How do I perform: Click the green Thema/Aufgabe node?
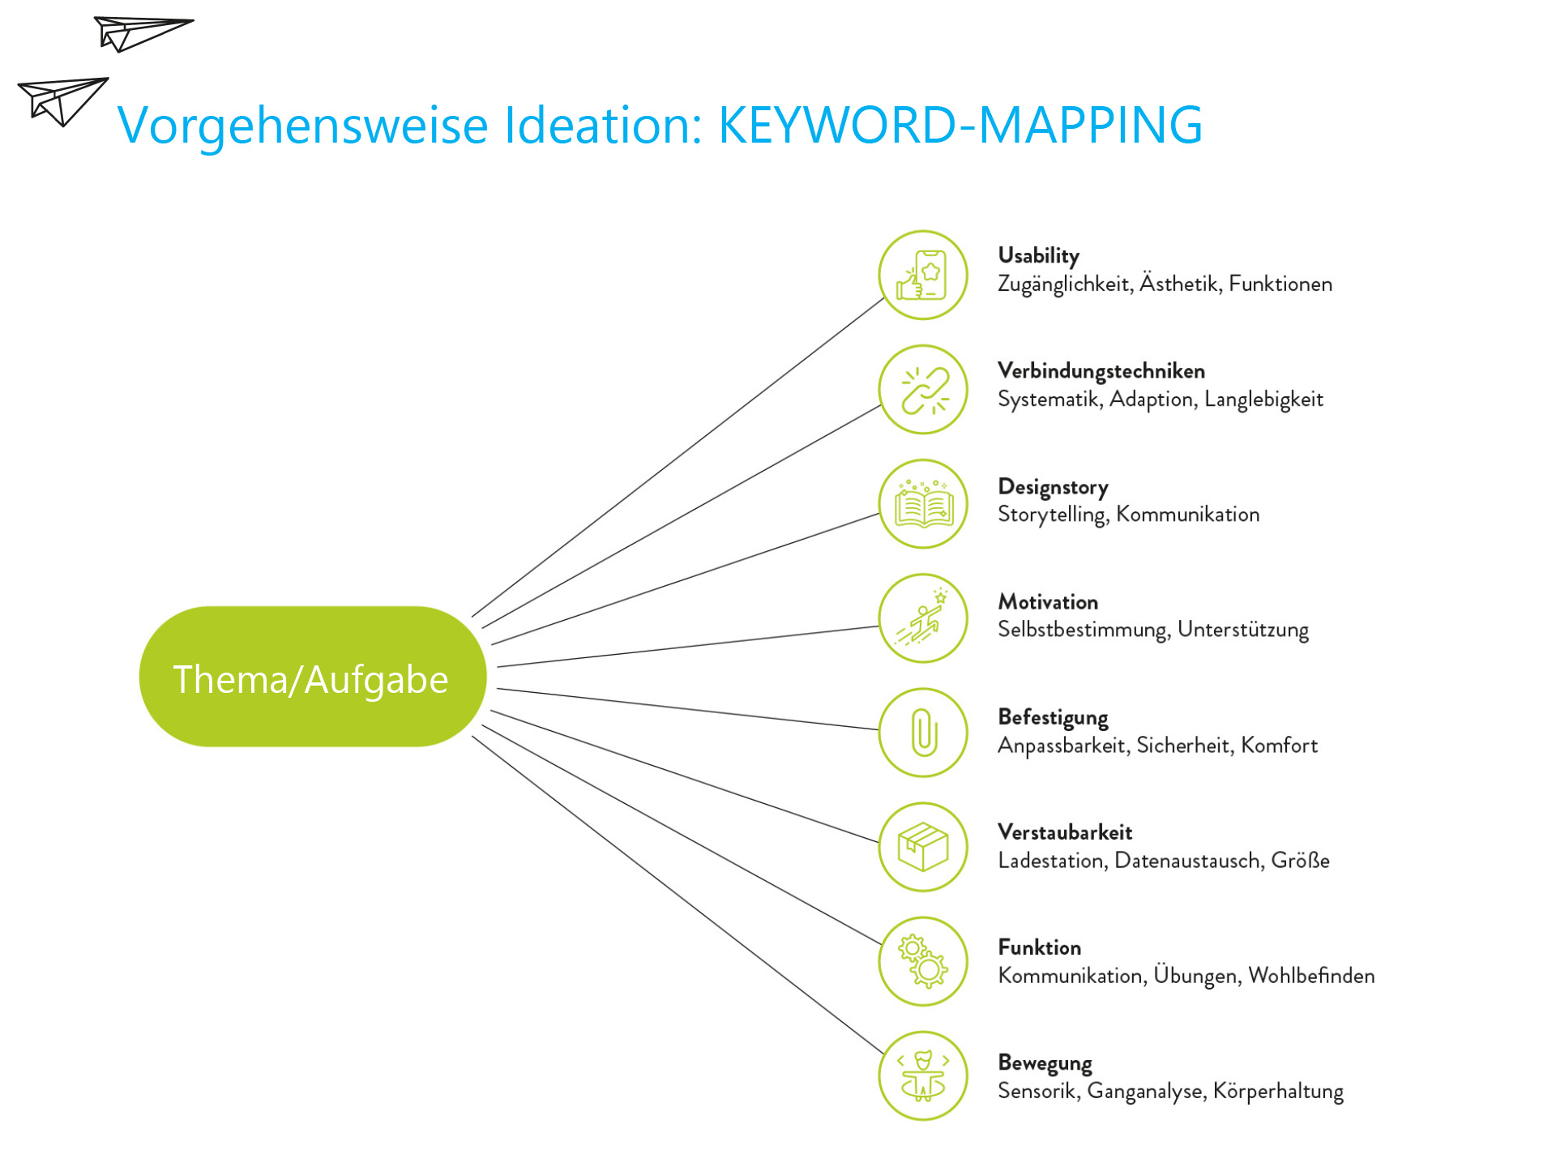pyautogui.click(x=313, y=677)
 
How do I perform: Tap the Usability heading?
pyautogui.click(x=1038, y=256)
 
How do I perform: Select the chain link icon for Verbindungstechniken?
pyautogui.click(x=924, y=390)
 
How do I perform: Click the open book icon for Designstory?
pyautogui.click(x=924, y=504)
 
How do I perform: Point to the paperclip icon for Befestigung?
pyautogui.click(x=924, y=733)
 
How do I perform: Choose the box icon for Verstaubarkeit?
pyautogui.click(x=924, y=848)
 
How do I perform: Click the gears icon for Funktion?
pyautogui.click(x=924, y=962)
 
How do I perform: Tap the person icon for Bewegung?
pyautogui.click(x=924, y=1076)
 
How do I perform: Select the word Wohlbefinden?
pyautogui.click(x=1311, y=976)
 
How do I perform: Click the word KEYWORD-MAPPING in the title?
pyautogui.click(x=960, y=125)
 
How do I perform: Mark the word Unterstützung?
pyautogui.click(x=1243, y=631)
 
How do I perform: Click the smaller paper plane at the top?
pyautogui.click(x=143, y=33)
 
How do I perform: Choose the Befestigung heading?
pyautogui.click(x=1053, y=718)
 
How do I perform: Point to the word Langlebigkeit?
pyautogui.click(x=1263, y=400)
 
